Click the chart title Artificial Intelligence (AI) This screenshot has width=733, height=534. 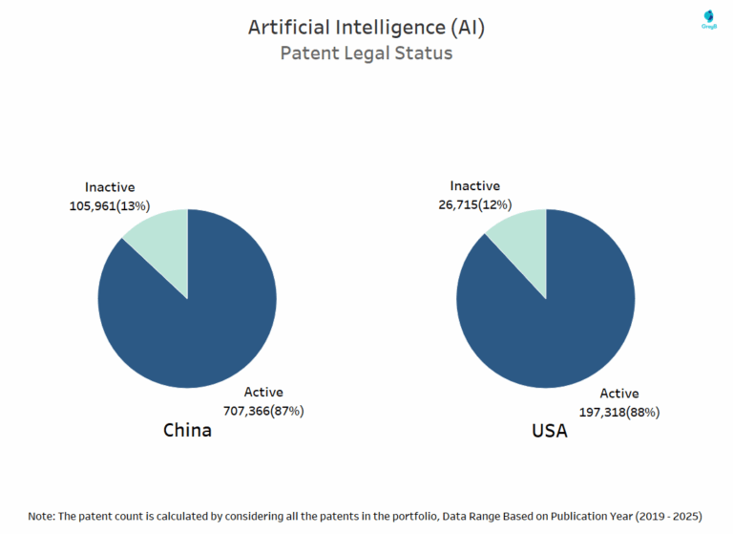366,28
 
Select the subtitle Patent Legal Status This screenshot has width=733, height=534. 366,53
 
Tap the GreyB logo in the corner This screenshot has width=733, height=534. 708,20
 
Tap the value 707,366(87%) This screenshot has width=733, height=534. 263,411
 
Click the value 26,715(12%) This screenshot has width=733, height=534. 474,204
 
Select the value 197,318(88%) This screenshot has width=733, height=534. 619,412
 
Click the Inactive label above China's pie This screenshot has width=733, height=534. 110,187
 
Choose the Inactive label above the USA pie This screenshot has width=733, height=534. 474,186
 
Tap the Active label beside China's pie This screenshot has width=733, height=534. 263,393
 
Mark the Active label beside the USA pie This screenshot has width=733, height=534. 619,394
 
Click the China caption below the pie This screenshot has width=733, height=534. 187,431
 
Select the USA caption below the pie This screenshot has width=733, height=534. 549,432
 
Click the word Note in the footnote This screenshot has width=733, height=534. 42,516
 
